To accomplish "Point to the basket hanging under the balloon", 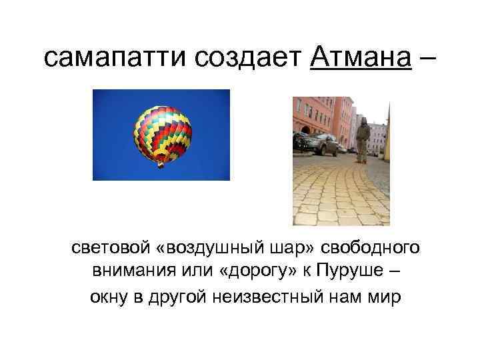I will coord(160,165).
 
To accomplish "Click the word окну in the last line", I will coord(107,297).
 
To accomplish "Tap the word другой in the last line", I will coord(178,297).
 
